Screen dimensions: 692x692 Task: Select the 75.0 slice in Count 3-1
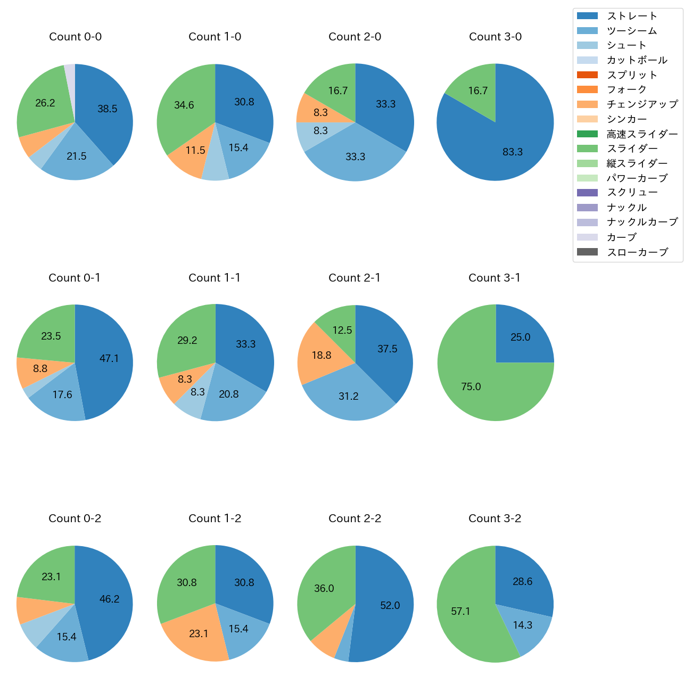[474, 383]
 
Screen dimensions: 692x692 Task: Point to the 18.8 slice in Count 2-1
[322, 355]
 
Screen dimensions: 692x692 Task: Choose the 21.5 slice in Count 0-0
[77, 156]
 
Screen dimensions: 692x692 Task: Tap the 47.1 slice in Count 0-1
[109, 359]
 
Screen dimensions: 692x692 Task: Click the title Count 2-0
[355, 37]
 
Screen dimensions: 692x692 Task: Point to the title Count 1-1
[215, 278]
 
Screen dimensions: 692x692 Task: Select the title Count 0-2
[75, 518]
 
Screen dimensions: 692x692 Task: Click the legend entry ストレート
[631, 16]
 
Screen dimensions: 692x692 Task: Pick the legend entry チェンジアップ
[642, 104]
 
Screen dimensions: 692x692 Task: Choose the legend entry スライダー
[632, 149]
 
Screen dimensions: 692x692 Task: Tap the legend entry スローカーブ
[637, 252]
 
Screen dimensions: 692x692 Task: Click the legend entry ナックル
[627, 208]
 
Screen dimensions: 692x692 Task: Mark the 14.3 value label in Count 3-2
[522, 625]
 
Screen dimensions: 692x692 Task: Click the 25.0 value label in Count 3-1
[520, 337]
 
